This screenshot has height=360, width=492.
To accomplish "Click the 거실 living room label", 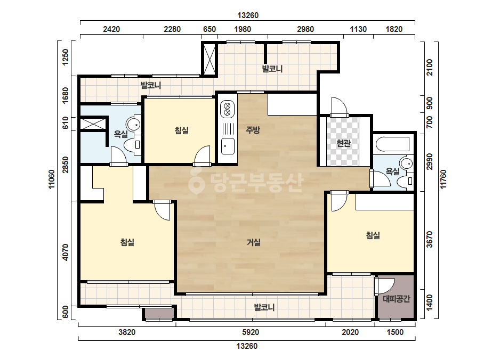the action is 254,242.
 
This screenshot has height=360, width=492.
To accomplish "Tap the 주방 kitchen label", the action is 253,129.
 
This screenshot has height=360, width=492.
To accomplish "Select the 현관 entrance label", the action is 343,143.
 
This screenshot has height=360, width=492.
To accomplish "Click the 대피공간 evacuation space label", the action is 396,299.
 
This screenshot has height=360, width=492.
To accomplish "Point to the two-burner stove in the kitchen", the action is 228,109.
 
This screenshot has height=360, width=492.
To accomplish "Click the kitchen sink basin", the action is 228,146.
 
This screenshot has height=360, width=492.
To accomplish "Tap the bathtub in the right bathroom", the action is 392,144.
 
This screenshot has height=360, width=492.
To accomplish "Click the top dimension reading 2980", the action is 305,29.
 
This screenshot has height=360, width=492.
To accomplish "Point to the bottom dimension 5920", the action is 251,332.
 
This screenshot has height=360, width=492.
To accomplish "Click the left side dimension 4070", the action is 65,252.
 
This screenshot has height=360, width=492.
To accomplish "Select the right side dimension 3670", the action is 430,239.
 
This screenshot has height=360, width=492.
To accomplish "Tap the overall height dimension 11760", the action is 443,179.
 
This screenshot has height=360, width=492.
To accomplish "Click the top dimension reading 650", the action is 209,29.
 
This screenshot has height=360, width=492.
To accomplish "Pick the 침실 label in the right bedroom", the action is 373,235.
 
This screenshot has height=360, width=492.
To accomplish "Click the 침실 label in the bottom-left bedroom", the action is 127,242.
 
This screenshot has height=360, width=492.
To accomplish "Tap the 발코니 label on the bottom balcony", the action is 264,307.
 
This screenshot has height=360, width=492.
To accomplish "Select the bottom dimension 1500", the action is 395,332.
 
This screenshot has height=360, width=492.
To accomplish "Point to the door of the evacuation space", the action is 384,286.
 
